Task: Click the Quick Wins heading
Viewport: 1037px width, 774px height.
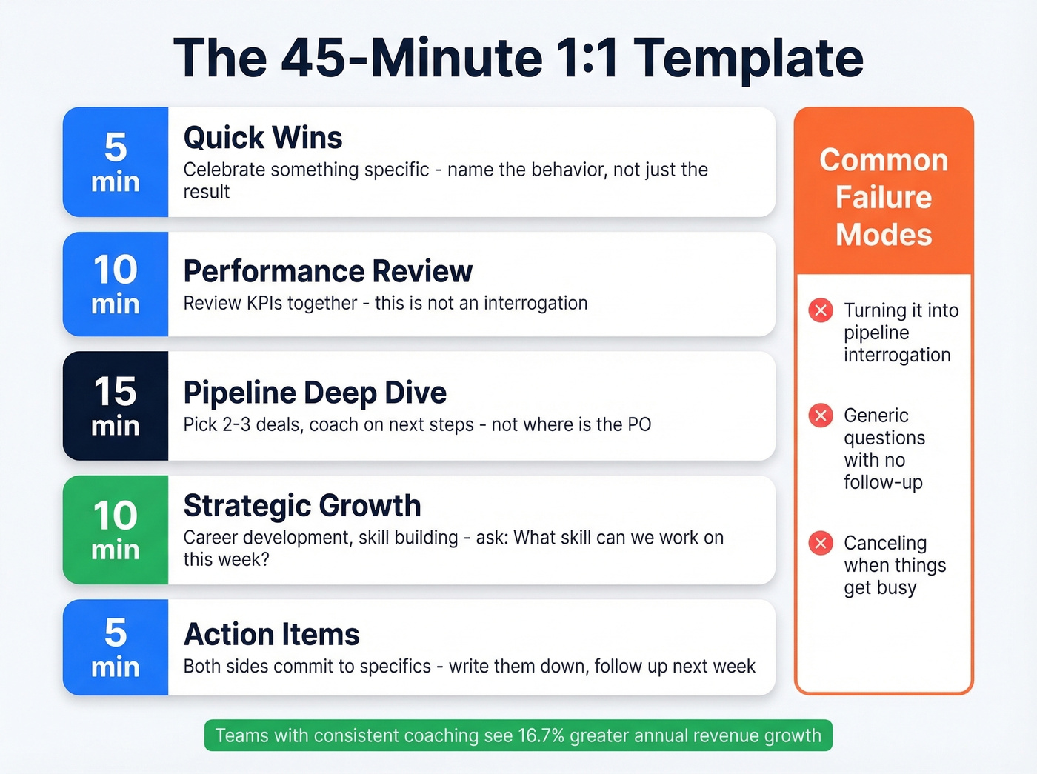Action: (x=263, y=138)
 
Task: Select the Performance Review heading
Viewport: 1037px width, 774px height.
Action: (x=327, y=272)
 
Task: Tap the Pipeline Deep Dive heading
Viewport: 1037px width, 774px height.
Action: (x=315, y=393)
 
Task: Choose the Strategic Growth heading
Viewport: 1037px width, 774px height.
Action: (x=302, y=506)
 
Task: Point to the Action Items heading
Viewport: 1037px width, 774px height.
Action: (x=271, y=635)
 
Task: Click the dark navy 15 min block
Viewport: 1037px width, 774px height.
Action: (x=116, y=406)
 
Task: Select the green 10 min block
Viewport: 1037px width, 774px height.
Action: (x=116, y=530)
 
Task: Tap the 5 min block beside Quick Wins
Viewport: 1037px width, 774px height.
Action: (x=116, y=162)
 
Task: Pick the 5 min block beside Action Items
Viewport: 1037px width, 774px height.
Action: (x=116, y=647)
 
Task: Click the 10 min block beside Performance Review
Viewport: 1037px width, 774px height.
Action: (x=116, y=284)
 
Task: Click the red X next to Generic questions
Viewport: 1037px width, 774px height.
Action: (x=821, y=416)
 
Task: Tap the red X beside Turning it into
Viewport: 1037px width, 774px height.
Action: (x=821, y=310)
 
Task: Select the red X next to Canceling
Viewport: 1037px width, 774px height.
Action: (x=821, y=543)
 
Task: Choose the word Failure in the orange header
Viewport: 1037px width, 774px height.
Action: (x=884, y=198)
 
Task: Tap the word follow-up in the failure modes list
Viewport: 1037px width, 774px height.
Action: (x=883, y=483)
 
